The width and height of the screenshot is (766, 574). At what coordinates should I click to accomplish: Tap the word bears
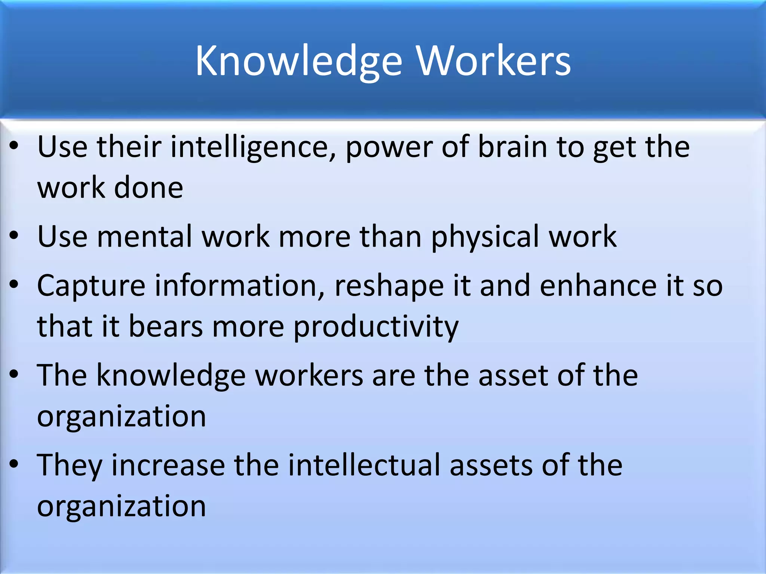(165, 327)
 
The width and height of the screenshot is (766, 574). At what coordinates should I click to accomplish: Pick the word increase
(168, 466)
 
